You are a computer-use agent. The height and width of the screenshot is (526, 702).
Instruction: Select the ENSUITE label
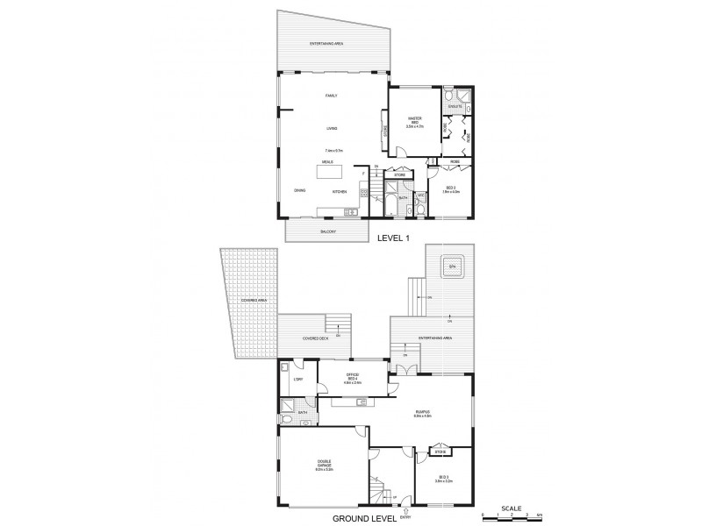455,107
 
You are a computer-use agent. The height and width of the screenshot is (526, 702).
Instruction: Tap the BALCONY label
325,231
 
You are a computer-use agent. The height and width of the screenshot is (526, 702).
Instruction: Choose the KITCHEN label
340,191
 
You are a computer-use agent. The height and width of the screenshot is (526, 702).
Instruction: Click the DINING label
300,191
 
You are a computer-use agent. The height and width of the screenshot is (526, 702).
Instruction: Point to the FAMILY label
331,95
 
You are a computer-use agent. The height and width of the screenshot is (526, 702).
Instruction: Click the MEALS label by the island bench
326,162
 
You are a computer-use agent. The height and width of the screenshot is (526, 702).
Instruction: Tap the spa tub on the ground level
453,267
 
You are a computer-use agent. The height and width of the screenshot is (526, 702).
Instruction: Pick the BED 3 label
443,479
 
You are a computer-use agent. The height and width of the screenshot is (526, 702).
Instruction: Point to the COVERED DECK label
315,338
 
